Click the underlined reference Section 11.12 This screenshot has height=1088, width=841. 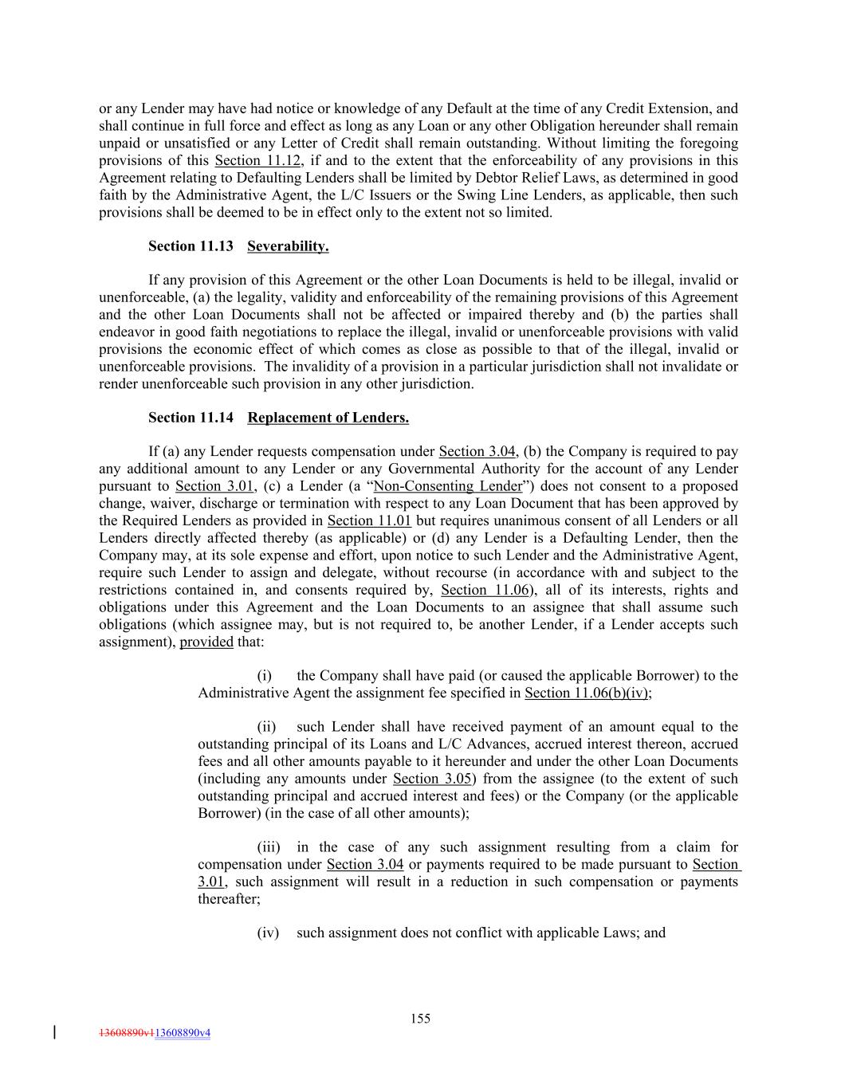tap(257, 161)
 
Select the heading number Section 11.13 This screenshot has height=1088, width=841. tap(191, 246)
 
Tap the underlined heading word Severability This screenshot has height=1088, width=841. tap(288, 246)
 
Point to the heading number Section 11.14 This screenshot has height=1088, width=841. tap(191, 418)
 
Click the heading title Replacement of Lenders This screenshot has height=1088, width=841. tap(328, 418)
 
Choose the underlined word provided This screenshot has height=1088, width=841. tap(206, 642)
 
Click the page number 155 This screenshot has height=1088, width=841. tap(420, 1019)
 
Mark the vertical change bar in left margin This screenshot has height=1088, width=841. tap(54, 1032)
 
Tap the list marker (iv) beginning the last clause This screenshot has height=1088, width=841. tap(268, 933)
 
